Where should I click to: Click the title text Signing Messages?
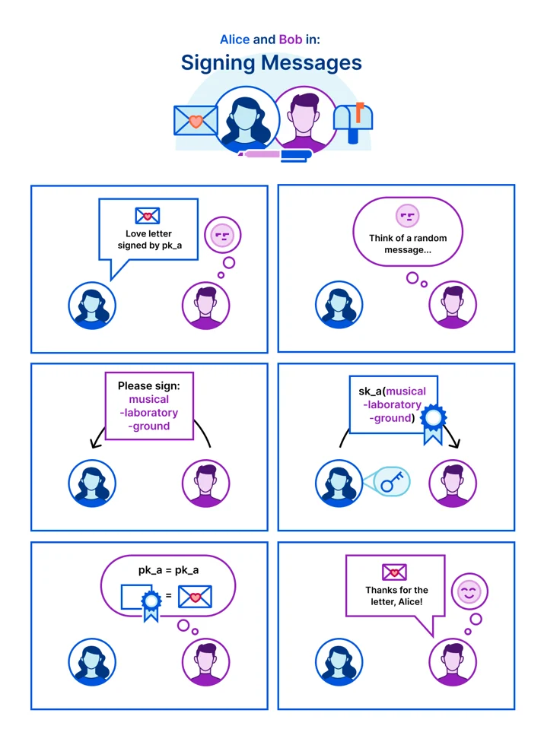coord(272,63)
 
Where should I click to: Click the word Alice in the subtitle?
coord(234,40)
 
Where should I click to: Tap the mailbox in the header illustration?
coord(353,122)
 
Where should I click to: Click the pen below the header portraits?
coord(275,155)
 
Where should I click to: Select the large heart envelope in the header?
coord(196,120)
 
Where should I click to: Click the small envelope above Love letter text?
coord(148,216)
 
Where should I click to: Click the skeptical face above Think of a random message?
coord(408,216)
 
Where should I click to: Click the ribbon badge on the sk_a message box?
coord(433,424)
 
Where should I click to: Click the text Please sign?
coord(149,386)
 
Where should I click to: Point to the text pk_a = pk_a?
coord(168,570)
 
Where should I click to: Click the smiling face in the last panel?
coord(469,591)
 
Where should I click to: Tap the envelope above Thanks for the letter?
coord(394,572)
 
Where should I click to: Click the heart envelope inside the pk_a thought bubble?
coord(195,597)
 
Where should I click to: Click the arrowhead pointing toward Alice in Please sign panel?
coord(94,443)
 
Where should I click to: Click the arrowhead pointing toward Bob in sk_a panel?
coord(456,444)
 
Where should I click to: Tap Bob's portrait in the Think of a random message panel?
coord(453,305)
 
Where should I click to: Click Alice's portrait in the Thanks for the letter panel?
coord(339,662)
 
